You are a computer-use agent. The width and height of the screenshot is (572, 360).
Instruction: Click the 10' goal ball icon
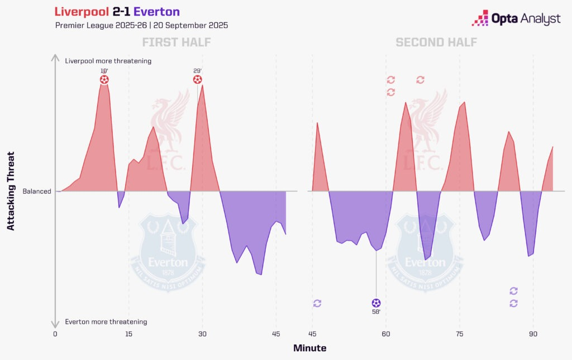pos(104,80)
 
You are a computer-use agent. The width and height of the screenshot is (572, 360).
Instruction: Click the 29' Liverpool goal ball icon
pos(197,80)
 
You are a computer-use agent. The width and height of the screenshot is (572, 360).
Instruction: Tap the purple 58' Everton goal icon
pos(376,303)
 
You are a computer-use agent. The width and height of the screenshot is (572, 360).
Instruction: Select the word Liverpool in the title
pos(82,12)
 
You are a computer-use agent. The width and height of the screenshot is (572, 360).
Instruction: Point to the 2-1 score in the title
pos(122,12)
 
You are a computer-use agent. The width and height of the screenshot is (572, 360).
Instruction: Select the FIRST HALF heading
pos(176,42)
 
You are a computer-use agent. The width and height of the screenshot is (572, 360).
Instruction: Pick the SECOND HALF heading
pos(436,42)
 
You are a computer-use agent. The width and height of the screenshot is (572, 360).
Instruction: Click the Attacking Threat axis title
pos(11,191)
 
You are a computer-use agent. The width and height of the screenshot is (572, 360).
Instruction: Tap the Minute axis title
pos(310,348)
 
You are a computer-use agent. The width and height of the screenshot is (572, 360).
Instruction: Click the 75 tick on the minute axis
pos(460,334)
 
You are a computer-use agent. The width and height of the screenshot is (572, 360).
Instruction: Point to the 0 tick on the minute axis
pos(55,334)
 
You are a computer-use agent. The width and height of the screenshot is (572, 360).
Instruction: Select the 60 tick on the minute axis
pos(386,334)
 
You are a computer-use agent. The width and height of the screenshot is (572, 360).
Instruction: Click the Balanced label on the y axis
pos(37,191)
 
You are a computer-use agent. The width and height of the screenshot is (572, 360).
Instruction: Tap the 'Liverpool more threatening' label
pos(108,61)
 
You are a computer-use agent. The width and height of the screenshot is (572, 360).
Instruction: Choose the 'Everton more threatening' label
pos(106,321)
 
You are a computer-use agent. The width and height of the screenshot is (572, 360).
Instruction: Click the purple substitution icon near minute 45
pos(317,303)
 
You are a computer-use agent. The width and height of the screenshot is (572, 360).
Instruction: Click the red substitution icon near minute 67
pos(420,80)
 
